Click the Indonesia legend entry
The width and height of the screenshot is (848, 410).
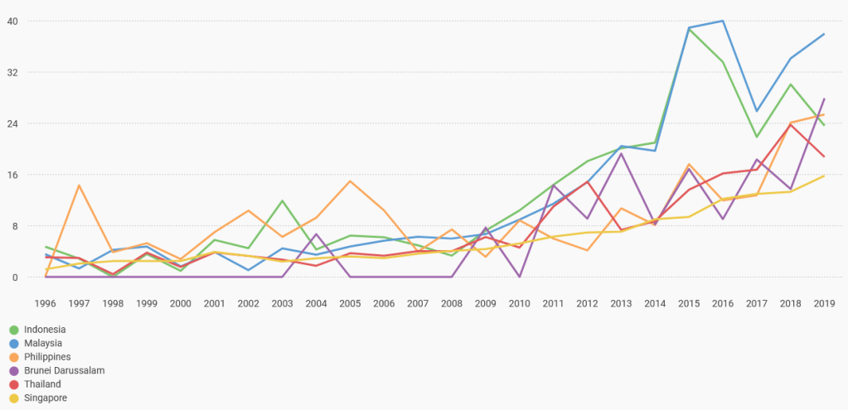click(x=45, y=329)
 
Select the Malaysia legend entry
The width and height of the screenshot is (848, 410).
click(x=43, y=343)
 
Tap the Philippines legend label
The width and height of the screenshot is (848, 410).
click(x=47, y=357)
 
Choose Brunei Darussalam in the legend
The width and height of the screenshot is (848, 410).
click(x=64, y=370)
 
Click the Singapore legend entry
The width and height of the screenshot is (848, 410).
click(x=46, y=398)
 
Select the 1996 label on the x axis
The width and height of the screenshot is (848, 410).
click(x=46, y=304)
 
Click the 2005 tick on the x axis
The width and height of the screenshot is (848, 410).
click(x=351, y=304)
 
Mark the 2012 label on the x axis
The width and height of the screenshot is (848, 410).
click(x=588, y=304)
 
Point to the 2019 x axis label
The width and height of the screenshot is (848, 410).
click(x=824, y=304)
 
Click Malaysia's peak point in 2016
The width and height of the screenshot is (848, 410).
click(x=723, y=21)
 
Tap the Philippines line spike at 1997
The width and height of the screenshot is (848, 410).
click(x=79, y=186)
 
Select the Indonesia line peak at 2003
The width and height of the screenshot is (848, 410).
click(x=283, y=201)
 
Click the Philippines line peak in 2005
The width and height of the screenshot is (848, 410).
click(x=351, y=181)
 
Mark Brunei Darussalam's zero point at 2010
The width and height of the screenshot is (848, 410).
click(x=520, y=277)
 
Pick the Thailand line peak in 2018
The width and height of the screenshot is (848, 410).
click(x=791, y=124)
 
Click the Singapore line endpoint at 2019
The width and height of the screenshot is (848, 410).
click(x=824, y=176)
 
